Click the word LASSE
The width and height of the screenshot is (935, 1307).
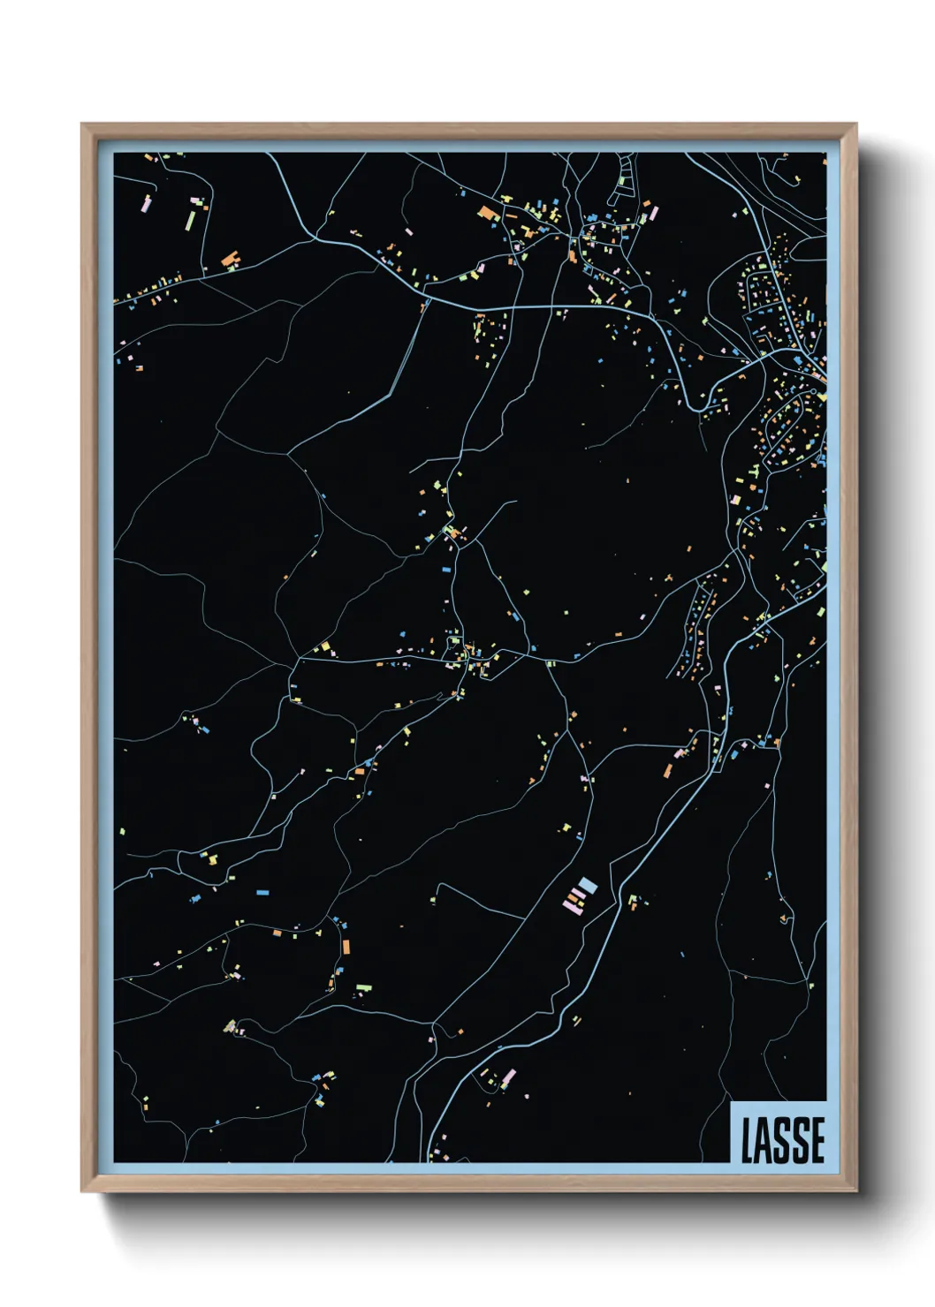(783, 1139)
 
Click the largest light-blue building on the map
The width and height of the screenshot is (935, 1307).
(588, 886)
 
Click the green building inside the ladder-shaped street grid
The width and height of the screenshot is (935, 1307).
(622, 180)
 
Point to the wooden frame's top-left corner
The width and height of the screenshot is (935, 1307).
(82, 125)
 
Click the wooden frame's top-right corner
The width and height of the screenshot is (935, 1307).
(855, 125)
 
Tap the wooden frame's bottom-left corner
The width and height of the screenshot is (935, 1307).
(82, 1190)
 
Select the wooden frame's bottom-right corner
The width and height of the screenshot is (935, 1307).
(855, 1190)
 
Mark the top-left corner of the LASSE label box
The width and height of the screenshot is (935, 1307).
(732, 1102)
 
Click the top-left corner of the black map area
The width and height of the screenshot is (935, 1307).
(115, 154)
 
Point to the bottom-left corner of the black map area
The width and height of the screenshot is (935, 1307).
(115, 1161)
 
